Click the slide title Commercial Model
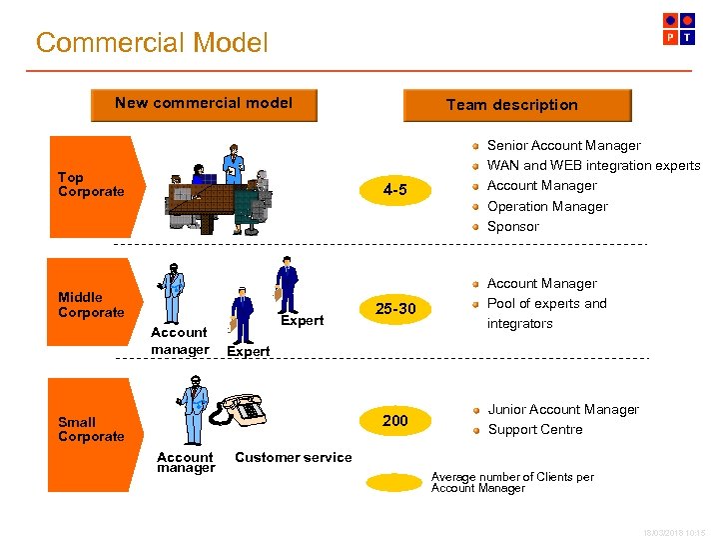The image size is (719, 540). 152,43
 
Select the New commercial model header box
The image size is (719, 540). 204,104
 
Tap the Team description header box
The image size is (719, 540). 516,105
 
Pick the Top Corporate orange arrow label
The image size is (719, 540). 92,185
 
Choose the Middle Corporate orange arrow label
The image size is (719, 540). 92,305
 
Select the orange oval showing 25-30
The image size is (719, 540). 395,309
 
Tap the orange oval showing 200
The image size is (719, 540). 395,421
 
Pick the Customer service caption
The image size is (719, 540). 293,458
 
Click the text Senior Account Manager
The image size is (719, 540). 563,146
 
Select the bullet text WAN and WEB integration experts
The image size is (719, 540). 593,166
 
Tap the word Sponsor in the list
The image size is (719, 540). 512,227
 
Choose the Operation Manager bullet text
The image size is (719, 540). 547,207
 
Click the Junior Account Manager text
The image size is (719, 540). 563,410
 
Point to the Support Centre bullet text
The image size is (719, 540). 534,430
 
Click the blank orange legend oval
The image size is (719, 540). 394,482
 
